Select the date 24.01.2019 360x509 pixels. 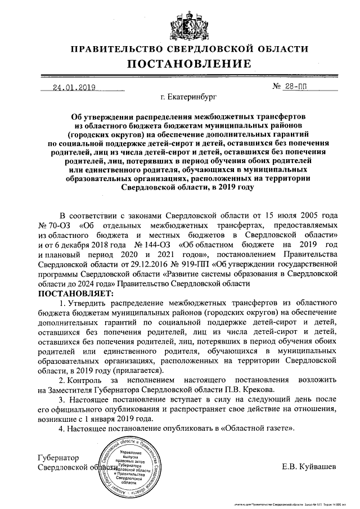pos(74,87)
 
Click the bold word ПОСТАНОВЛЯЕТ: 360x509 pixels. pos(75,294)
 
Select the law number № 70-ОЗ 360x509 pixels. pos(52,224)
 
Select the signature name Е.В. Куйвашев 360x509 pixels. pos(309,467)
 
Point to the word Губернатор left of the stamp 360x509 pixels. pos(58,457)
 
